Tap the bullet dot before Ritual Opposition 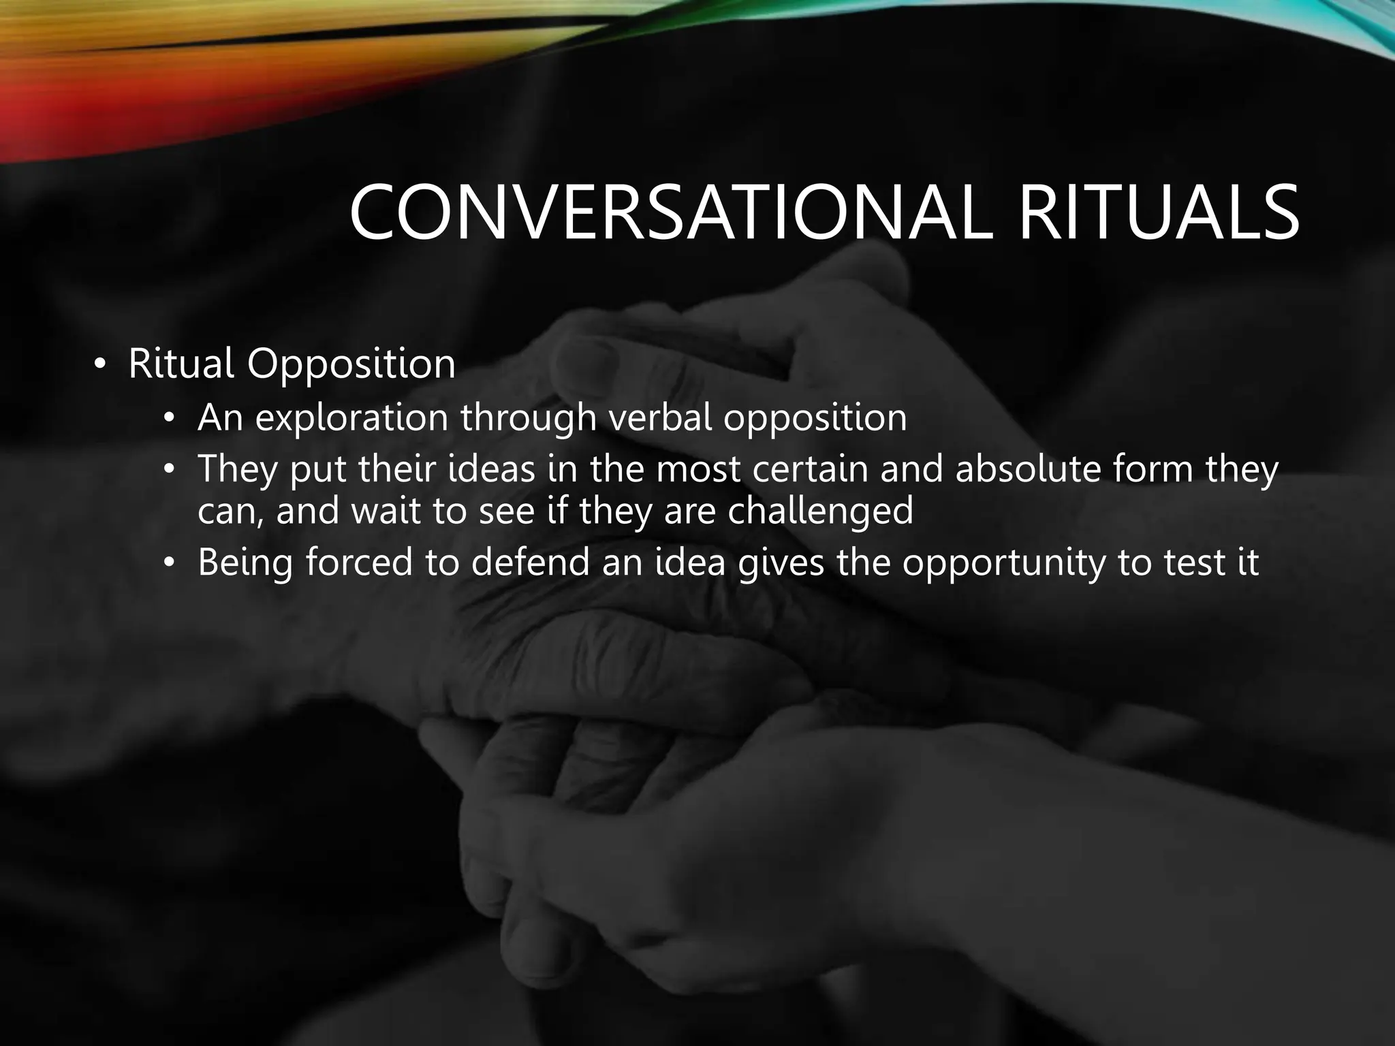coord(100,365)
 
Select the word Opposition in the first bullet coord(351,365)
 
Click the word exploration coord(351,417)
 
